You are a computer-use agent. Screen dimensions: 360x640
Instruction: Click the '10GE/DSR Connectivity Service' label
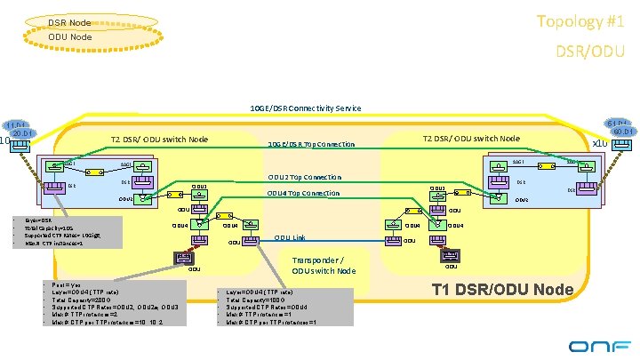click(305, 108)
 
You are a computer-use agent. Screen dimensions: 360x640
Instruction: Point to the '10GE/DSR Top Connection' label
click(311, 144)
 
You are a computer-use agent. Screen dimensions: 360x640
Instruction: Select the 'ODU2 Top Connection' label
click(304, 177)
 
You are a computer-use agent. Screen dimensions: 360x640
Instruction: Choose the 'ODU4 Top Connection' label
click(304, 193)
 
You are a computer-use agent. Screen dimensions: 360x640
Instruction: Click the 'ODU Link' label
click(290, 237)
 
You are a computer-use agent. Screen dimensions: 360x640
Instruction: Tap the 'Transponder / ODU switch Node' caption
click(324, 266)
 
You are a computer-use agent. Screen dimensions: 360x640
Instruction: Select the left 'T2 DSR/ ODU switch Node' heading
click(159, 139)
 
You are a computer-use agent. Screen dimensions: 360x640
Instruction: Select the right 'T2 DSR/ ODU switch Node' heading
click(471, 138)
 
